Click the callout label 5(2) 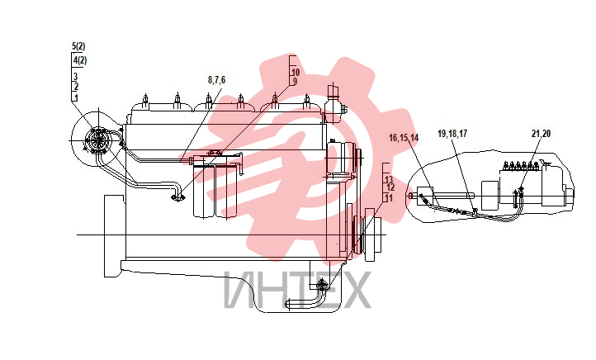(78, 46)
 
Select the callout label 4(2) (80, 60)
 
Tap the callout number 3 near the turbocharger (75, 77)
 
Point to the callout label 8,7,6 (216, 80)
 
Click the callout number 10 (296, 72)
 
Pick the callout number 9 (295, 82)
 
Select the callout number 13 (389, 179)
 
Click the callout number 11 (389, 198)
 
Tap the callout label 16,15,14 (404, 138)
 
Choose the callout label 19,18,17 (452, 134)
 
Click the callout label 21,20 (542, 134)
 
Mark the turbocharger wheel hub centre (98, 141)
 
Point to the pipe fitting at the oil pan (322, 284)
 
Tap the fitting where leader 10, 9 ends (177, 197)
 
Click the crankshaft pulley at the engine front (372, 235)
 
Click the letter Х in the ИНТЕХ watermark (354, 290)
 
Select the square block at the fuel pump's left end (425, 197)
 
